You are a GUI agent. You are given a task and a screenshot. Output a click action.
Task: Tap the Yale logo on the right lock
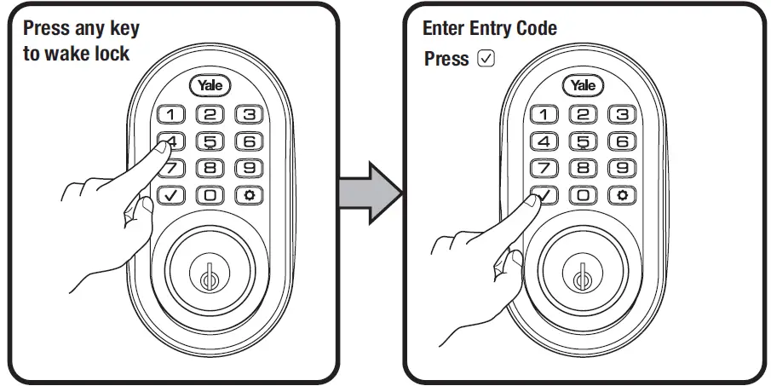click(x=584, y=85)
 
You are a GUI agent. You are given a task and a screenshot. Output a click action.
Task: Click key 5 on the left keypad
click(x=210, y=141)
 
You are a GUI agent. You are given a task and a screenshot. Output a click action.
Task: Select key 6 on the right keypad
click(x=622, y=141)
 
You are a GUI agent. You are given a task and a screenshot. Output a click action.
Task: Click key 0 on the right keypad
click(x=584, y=195)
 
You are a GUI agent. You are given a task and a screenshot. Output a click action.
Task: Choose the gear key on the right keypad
click(x=622, y=195)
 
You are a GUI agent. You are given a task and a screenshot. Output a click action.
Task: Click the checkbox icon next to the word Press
click(x=486, y=59)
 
